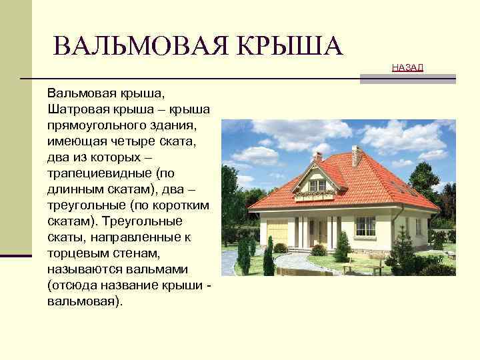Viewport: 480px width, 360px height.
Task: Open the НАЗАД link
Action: (407, 68)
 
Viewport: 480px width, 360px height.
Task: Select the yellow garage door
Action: (278, 237)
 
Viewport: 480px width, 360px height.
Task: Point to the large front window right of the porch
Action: (365, 226)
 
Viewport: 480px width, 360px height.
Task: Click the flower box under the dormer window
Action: (318, 195)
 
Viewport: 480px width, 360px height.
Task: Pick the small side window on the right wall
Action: (418, 226)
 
